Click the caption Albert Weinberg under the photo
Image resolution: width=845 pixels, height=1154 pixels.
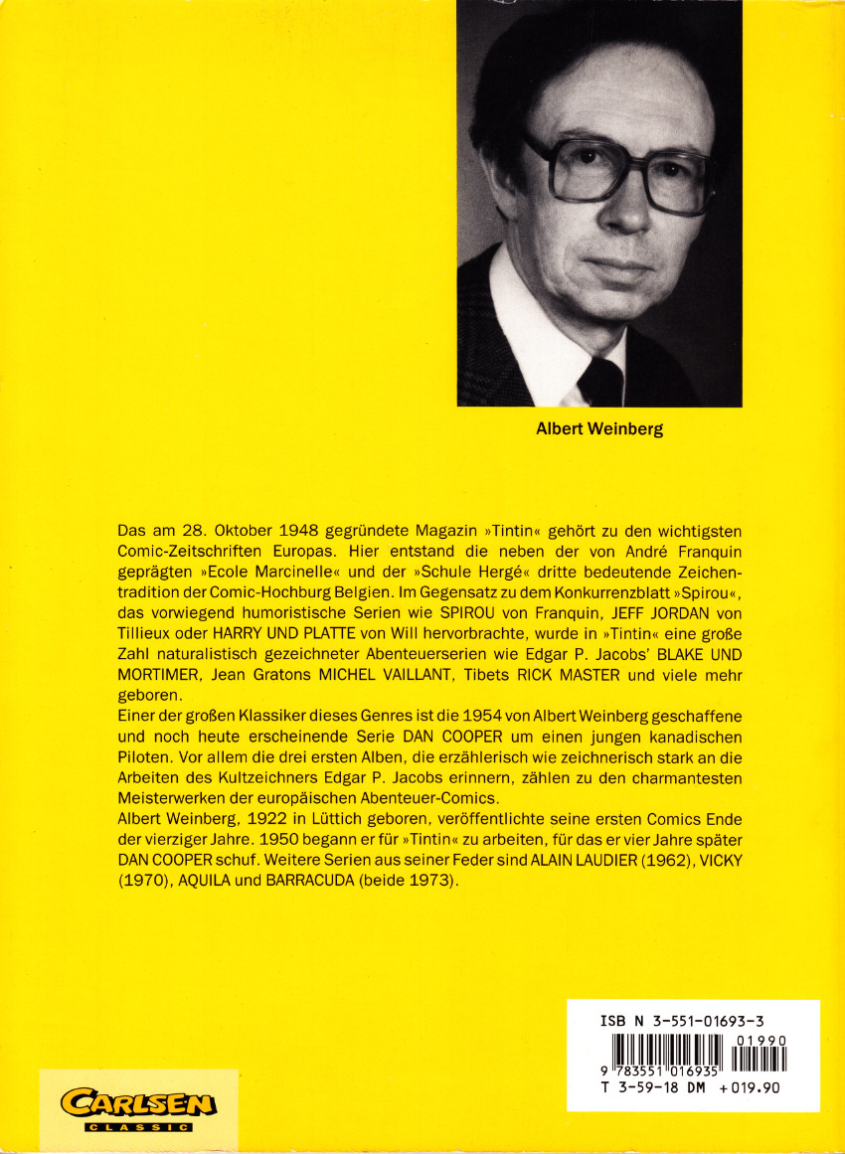599,430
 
